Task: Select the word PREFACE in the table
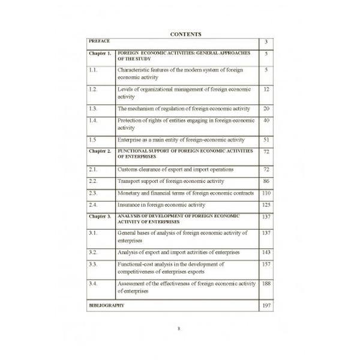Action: (98, 41)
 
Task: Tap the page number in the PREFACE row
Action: (266, 43)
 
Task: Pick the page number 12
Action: (266, 89)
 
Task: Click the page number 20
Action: (266, 109)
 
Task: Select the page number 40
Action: (266, 121)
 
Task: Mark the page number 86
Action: (266, 181)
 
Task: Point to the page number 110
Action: (266, 193)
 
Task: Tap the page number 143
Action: (266, 253)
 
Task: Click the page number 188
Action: (266, 283)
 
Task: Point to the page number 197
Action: (266, 305)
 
